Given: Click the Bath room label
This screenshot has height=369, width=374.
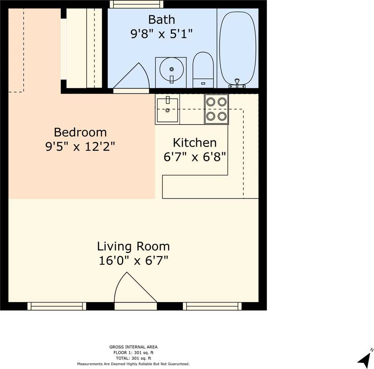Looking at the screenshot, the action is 162,20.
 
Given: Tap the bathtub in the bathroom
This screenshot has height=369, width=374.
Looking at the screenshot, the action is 237,48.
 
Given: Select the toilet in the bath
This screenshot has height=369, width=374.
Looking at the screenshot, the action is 203,70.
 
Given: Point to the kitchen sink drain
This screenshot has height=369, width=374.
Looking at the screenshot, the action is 167,110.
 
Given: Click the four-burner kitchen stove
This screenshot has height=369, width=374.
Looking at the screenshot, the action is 216,109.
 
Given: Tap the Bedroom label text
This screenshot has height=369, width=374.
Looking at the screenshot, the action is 80,132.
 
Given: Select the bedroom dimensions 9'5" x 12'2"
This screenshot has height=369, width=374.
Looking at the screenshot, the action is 80,146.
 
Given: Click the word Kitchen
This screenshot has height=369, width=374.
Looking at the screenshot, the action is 195,143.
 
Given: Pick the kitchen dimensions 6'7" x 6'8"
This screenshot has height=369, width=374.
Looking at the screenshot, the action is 195,157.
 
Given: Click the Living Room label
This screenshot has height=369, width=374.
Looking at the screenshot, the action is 134,246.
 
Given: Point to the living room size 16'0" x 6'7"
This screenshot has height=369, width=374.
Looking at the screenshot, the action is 134,260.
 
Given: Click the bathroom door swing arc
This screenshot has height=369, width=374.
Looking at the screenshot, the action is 145,73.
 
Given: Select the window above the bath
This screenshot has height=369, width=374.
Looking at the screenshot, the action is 137,4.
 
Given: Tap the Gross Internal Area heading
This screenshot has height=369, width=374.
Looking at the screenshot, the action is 134,347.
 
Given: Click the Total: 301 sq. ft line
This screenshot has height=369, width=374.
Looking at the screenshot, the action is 134,358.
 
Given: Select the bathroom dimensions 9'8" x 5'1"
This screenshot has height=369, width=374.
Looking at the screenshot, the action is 162,34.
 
